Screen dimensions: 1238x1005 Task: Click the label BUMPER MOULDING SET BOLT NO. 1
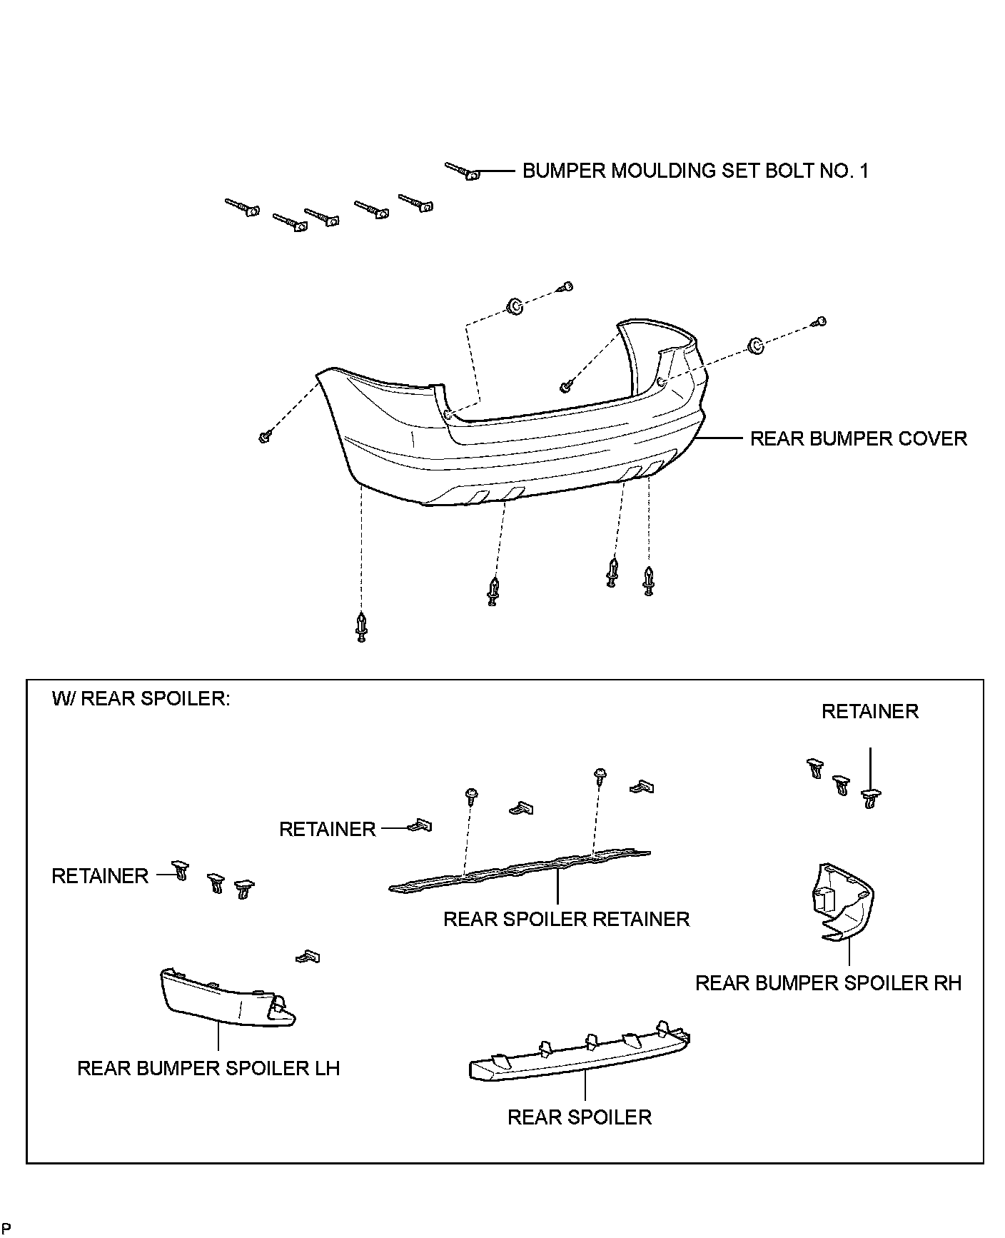point(695,171)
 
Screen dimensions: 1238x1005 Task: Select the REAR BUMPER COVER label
point(858,438)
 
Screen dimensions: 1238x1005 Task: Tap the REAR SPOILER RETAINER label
point(566,919)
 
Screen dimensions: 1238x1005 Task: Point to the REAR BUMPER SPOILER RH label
point(828,983)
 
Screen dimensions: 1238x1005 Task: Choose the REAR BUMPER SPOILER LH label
point(208,1068)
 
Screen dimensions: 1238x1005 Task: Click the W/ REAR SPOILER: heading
point(141,698)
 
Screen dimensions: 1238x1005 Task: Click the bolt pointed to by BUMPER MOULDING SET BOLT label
point(464,171)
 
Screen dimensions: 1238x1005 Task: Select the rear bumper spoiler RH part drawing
point(842,902)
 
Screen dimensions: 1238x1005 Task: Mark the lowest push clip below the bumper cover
point(362,626)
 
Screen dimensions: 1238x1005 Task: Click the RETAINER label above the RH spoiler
point(869,712)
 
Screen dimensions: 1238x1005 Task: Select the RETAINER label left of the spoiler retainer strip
point(327,830)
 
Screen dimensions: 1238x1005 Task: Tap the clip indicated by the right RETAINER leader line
point(869,797)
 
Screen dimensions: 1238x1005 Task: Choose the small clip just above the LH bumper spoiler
point(309,956)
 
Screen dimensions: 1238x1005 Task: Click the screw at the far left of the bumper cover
point(265,436)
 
